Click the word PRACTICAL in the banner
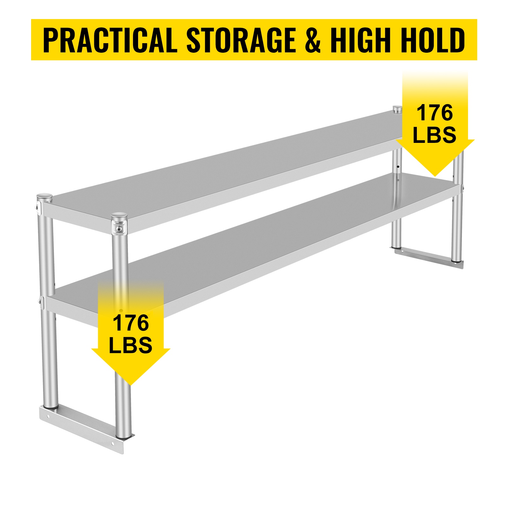(110, 40)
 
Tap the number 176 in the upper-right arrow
(435, 113)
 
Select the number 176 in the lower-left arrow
(130, 323)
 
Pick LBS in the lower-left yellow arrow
(130, 345)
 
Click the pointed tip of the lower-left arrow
(130, 385)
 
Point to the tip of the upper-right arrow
(435, 176)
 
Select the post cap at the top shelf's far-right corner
(397, 109)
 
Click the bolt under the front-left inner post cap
(119, 229)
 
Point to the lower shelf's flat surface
(254, 244)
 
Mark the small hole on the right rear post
(398, 166)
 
